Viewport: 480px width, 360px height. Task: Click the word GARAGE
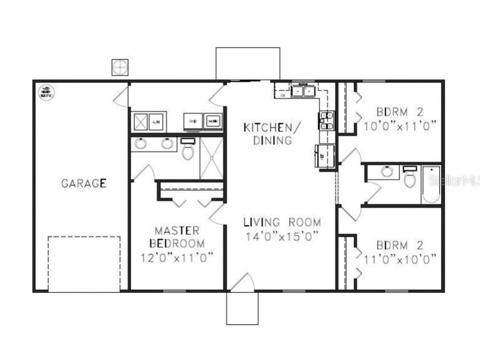point(84,183)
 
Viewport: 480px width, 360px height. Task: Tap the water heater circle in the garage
point(45,92)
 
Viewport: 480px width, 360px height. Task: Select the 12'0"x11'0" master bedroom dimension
point(177,257)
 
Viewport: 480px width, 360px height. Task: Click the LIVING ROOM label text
point(282,222)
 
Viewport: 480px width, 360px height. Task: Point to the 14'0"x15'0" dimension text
point(282,236)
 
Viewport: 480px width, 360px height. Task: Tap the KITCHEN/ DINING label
point(268,134)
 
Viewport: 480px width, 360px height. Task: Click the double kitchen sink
point(302,91)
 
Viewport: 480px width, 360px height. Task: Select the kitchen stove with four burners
point(326,121)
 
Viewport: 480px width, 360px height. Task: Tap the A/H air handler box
point(157,122)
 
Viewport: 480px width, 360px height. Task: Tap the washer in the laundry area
point(212,122)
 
